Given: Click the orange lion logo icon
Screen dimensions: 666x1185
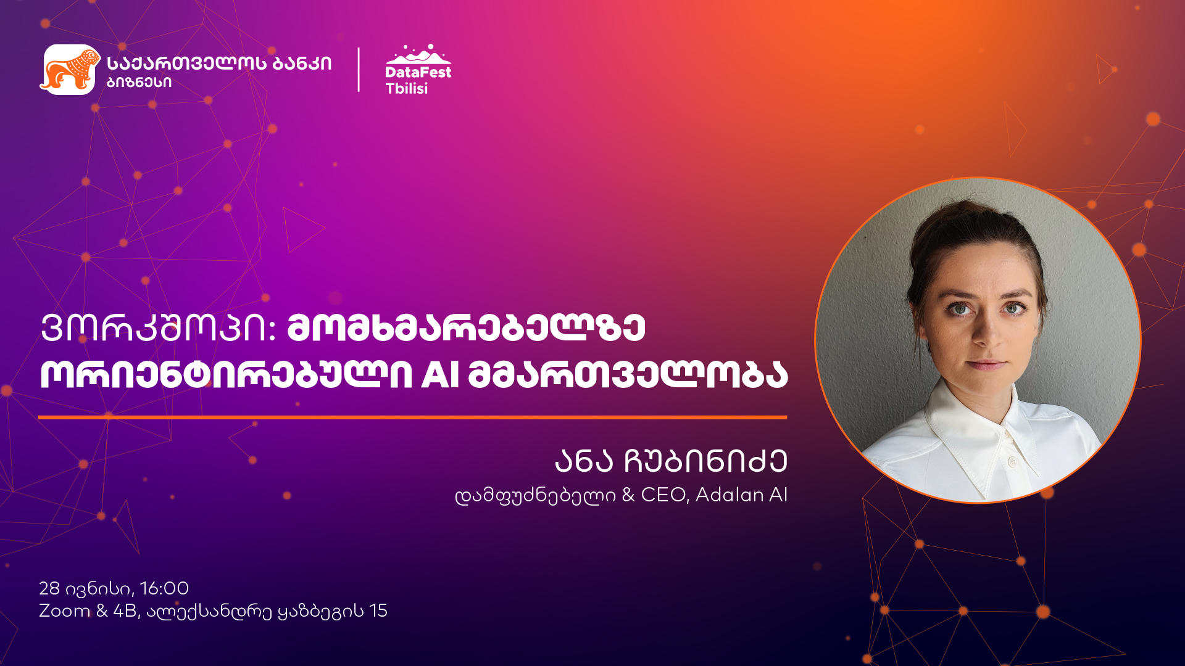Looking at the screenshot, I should point(70,69).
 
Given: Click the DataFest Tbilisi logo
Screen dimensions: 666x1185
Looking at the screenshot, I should point(418,69).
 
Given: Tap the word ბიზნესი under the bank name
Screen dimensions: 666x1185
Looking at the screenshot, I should point(139,83).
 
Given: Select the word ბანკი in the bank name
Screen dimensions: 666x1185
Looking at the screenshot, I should point(297,63).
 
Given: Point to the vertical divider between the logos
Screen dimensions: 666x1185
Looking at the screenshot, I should point(359,70).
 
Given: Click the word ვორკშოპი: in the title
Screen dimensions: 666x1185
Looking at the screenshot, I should point(157,328).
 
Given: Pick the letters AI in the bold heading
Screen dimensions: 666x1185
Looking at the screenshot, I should point(440,374).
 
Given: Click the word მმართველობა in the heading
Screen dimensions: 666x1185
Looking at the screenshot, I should point(628,374).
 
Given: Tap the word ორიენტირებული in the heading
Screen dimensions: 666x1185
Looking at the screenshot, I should point(226,374).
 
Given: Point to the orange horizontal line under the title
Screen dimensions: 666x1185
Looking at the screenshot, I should point(412,417).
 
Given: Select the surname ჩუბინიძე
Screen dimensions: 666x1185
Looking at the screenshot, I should point(705,461).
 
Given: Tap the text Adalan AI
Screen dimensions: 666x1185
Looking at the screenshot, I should point(741,495).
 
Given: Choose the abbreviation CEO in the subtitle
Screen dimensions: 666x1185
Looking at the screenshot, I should point(663,495).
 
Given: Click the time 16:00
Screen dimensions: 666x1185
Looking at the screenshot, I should point(164,588).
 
